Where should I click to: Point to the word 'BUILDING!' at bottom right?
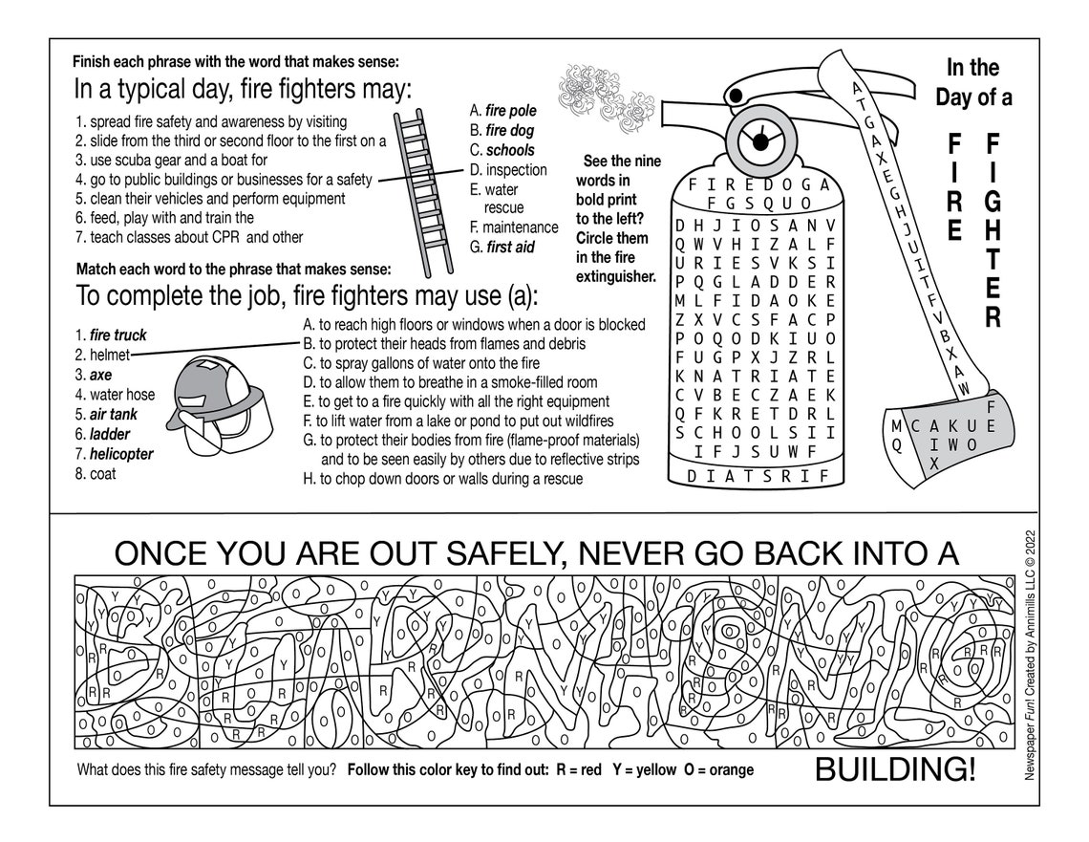(894, 769)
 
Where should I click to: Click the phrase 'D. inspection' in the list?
(508, 170)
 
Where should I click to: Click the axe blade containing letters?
(946, 432)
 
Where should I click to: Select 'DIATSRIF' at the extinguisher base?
(755, 476)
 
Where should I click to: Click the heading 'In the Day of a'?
(972, 82)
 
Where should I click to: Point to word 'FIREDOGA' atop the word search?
(755, 185)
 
